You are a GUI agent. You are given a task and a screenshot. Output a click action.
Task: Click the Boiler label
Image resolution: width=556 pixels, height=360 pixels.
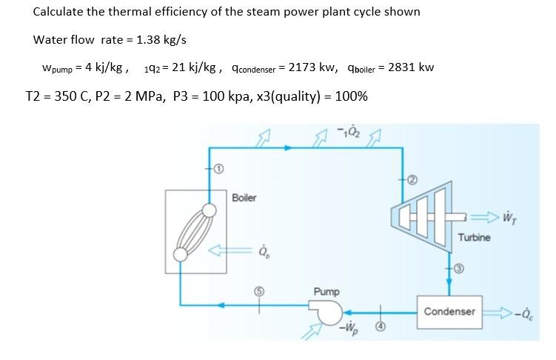pyautogui.click(x=244, y=198)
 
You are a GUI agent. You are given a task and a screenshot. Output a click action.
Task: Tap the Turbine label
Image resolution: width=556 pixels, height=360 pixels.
pyautogui.click(x=475, y=237)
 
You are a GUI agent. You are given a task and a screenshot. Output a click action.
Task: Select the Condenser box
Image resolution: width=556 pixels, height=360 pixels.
pyautogui.click(x=449, y=312)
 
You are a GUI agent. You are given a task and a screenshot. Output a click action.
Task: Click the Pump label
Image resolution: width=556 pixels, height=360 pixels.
pyautogui.click(x=326, y=292)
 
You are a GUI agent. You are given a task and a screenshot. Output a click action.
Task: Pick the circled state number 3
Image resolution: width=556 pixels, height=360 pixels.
pyautogui.click(x=458, y=269)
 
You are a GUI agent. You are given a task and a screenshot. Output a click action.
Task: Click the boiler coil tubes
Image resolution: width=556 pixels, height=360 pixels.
pyautogui.click(x=194, y=233)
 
